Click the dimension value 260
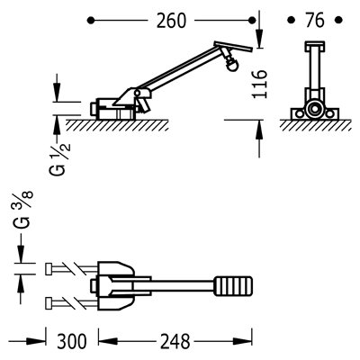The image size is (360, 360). tap(171, 21)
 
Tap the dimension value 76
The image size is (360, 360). tap(315, 21)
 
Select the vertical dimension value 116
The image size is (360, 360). tap(259, 84)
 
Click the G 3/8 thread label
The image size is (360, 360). tap(22, 210)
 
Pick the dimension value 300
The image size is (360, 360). tap(72, 341)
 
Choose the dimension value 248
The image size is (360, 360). tap(175, 341)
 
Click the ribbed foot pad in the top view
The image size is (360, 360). tap(233, 286)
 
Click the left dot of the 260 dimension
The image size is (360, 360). tap(91, 21)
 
